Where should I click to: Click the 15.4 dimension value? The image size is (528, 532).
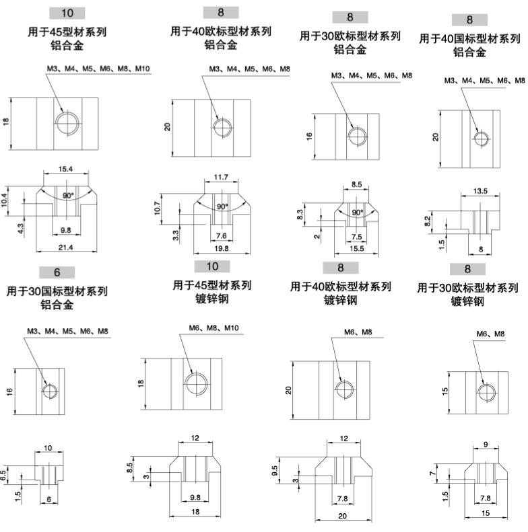click(65, 169)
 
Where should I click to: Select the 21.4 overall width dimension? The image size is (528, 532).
click(65, 248)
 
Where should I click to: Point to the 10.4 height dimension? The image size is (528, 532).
click(4, 200)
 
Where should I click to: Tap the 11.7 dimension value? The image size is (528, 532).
click(221, 177)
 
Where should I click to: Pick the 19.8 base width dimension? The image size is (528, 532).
click(221, 248)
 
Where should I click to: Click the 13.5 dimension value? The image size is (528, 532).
click(480, 191)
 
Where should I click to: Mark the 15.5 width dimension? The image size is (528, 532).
click(356, 248)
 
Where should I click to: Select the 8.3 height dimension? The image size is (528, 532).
click(300, 215)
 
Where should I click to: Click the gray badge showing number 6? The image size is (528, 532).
click(57, 272)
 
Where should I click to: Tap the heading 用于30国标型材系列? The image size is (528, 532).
click(57, 291)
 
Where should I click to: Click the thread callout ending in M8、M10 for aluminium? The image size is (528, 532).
click(98, 69)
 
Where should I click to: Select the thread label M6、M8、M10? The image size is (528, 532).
click(213, 328)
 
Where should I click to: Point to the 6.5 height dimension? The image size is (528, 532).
click(3, 476)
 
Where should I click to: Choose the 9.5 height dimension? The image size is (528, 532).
click(275, 470)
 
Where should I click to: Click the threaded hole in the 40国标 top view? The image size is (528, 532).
click(481, 139)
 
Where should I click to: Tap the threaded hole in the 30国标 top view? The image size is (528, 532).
click(50, 391)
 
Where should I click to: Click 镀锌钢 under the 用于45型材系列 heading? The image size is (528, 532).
click(211, 299)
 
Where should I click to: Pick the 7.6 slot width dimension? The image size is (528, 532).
click(221, 235)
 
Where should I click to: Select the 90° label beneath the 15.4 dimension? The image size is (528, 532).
click(67, 196)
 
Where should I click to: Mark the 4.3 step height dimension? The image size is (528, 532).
click(20, 229)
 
